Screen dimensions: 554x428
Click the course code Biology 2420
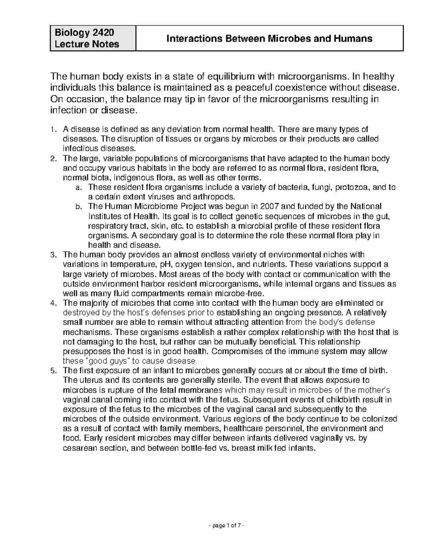coord(84,33)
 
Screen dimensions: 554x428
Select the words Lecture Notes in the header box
coord(87,44)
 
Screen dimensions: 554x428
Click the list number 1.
coord(53,129)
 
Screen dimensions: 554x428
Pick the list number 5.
coord(53,370)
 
